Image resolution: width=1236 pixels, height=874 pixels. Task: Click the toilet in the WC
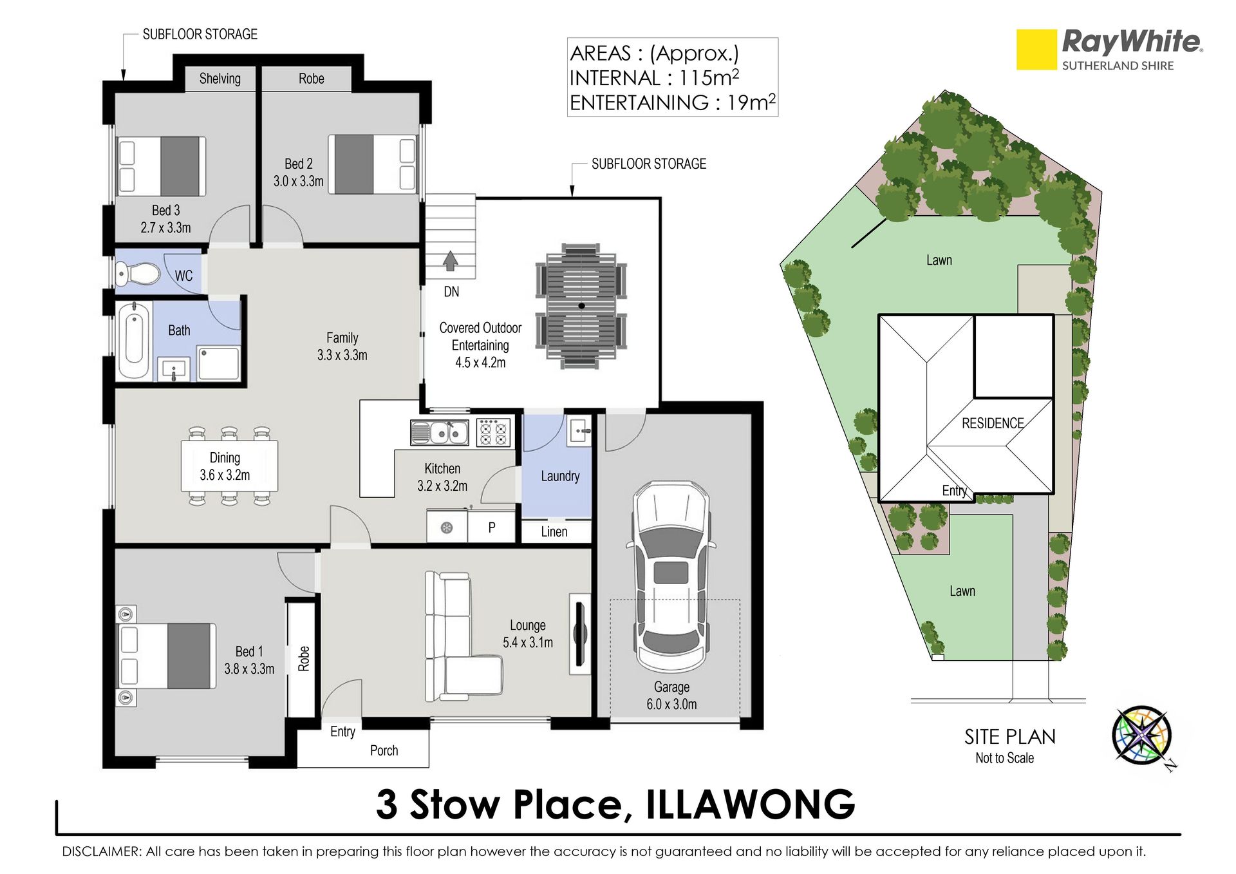[138, 274]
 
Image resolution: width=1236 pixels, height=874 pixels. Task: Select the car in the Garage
[671, 577]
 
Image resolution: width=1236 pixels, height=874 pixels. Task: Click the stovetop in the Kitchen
[494, 432]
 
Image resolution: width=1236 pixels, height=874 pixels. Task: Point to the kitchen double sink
[440, 433]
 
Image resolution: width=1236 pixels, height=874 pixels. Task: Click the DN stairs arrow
[450, 261]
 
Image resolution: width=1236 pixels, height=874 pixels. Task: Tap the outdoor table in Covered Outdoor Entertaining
[581, 306]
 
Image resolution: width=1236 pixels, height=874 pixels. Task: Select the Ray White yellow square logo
[1036, 50]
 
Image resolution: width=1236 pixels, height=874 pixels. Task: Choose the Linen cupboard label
[554, 532]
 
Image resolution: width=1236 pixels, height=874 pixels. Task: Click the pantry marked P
[492, 527]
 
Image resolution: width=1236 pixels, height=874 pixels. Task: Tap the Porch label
[384, 750]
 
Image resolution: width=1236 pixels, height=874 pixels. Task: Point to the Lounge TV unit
[580, 634]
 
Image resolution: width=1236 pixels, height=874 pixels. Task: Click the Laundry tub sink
[579, 430]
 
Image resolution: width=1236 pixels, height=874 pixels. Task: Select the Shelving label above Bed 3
[220, 79]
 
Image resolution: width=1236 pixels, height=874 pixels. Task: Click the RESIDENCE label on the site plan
[993, 423]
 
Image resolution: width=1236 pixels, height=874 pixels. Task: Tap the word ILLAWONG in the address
[751, 804]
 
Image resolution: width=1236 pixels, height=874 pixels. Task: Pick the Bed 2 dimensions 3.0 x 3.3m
[299, 181]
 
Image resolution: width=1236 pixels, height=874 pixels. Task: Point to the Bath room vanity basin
[174, 370]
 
